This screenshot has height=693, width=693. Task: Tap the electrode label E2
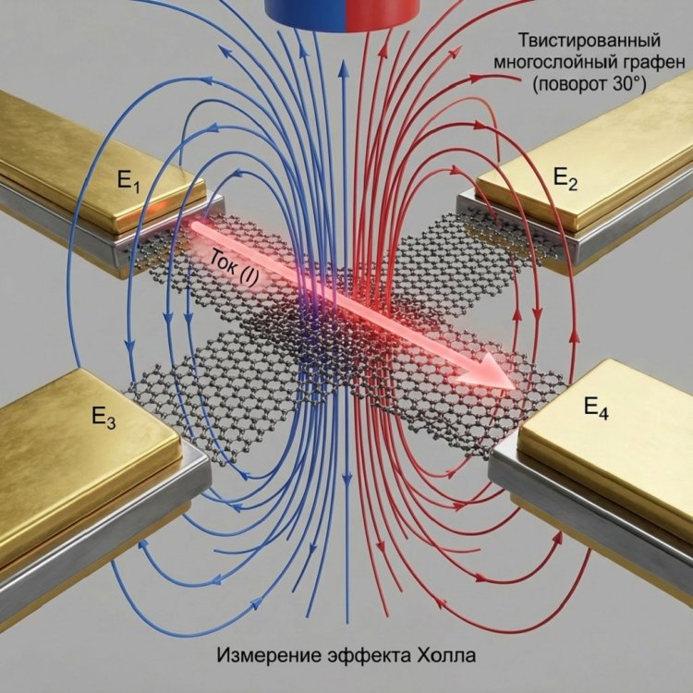click(x=565, y=179)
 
